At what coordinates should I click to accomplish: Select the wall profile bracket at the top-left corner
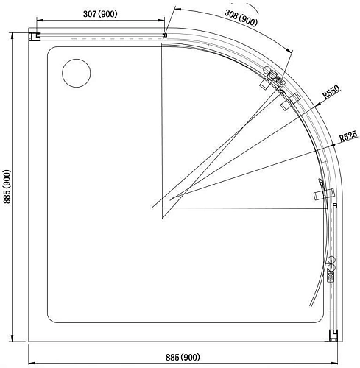tap(34, 36)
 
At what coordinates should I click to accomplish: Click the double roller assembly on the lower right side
tap(331, 269)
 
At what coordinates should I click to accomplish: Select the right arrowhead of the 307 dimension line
tap(163, 21)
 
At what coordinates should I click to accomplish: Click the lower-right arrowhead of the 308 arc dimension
tap(290, 51)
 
